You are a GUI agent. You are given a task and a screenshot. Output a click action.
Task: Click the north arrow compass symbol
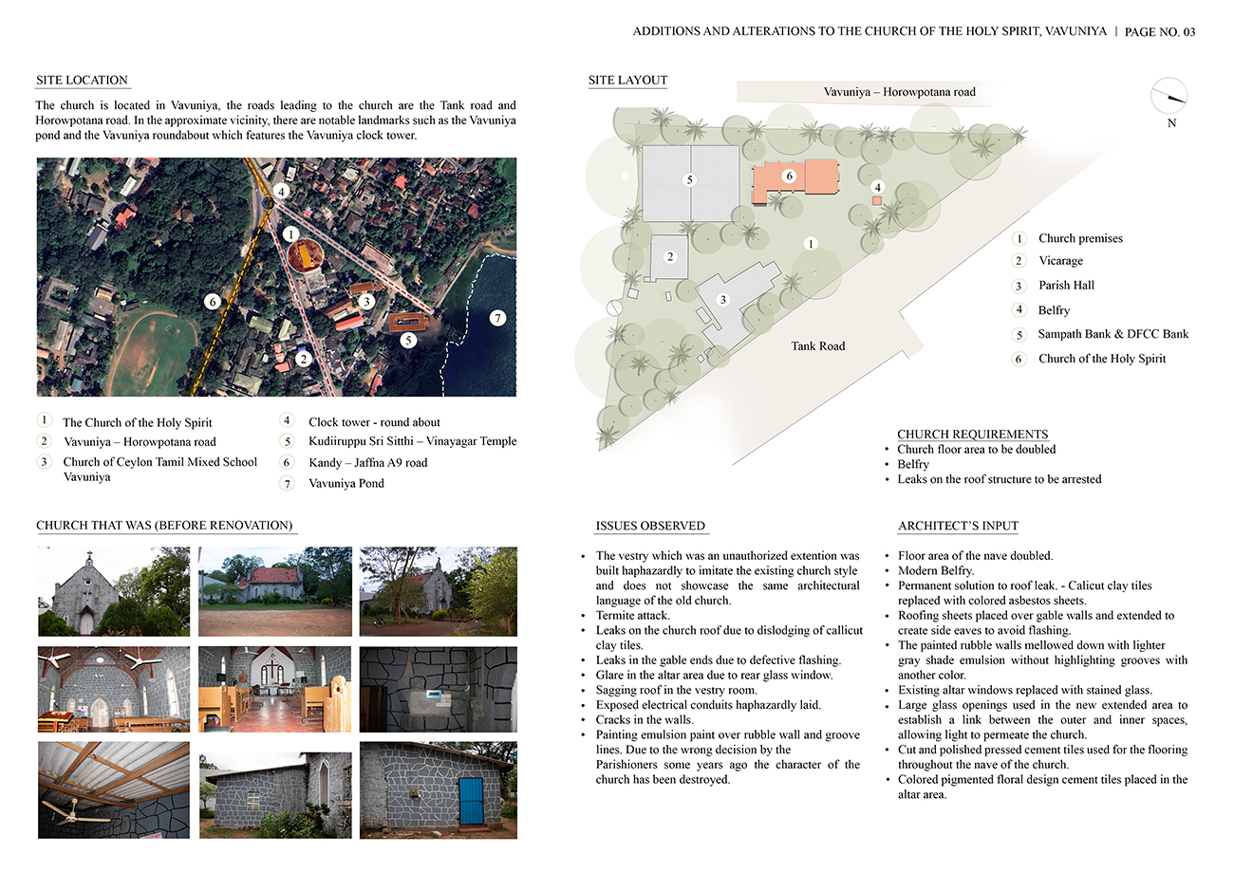(1169, 98)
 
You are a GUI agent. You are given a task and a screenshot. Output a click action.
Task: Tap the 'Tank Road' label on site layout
(817, 345)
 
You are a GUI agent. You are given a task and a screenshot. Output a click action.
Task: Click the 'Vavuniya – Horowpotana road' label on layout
(899, 92)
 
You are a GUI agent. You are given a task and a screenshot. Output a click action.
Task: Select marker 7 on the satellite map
(497, 318)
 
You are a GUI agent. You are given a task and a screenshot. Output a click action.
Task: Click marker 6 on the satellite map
(213, 301)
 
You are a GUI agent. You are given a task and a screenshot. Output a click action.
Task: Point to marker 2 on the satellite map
(303, 359)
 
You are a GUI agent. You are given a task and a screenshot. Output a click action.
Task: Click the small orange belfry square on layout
(877, 201)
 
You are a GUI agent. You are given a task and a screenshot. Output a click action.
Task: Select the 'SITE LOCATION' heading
(82, 80)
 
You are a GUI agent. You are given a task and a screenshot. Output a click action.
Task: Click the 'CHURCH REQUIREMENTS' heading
(972, 435)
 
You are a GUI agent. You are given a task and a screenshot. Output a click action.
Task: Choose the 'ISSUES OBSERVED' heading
(650, 526)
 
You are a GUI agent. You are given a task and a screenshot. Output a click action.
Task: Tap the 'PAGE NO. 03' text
(1159, 31)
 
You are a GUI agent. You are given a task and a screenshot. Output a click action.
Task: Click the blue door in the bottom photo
(469, 801)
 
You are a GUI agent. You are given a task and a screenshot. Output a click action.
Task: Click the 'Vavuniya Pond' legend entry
(346, 483)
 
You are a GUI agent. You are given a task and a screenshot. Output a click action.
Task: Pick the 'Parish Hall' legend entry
(1066, 285)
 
